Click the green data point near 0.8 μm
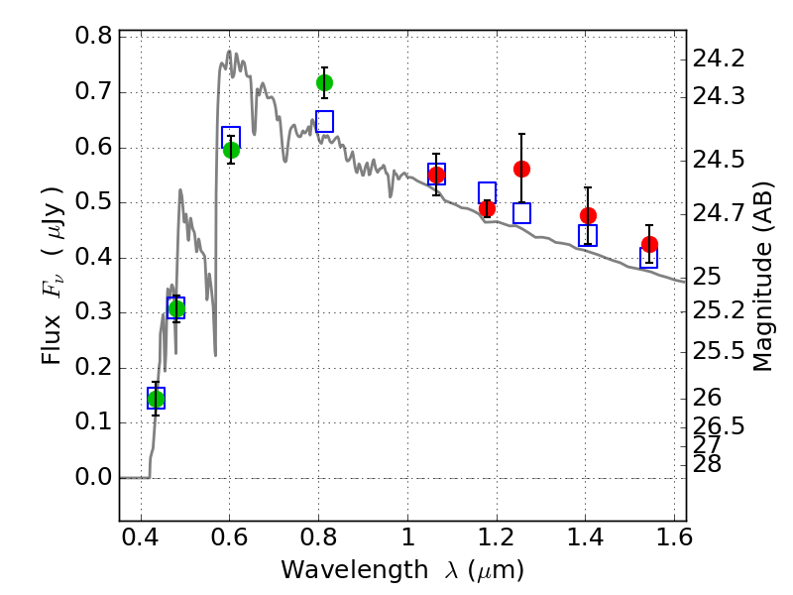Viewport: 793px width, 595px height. click(x=324, y=82)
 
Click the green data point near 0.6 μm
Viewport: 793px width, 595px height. click(x=231, y=150)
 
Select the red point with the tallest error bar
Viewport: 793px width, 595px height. click(x=521, y=169)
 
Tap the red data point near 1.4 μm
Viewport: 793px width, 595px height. click(x=588, y=215)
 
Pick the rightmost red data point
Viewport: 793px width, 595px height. click(x=649, y=245)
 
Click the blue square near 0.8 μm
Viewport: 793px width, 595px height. click(x=324, y=121)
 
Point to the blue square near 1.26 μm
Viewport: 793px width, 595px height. click(x=521, y=213)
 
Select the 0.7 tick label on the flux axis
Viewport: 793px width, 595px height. click(x=94, y=93)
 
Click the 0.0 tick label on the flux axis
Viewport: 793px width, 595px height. click(x=94, y=478)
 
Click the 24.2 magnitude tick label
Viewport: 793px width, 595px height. click(x=720, y=59)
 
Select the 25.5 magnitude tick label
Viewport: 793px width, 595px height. click(x=720, y=351)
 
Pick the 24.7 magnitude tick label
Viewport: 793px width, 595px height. click(x=720, y=213)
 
